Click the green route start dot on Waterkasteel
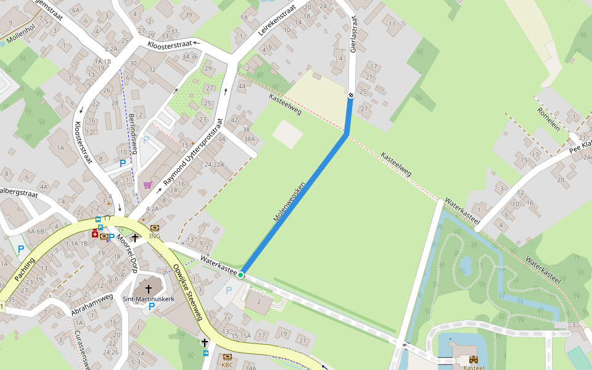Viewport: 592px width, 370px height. point(241,274)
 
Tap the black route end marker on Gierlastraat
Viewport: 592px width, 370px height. point(351,95)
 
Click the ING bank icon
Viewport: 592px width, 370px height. point(154,228)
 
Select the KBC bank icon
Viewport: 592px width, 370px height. point(227,356)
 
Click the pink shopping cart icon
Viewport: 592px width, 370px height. point(147,184)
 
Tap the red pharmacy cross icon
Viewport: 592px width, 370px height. point(94,234)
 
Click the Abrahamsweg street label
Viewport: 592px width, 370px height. point(92,305)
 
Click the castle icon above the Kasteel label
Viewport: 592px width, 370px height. point(474,359)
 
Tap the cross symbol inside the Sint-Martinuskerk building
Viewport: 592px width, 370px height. point(148,289)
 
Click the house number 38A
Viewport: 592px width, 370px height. point(249,139)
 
